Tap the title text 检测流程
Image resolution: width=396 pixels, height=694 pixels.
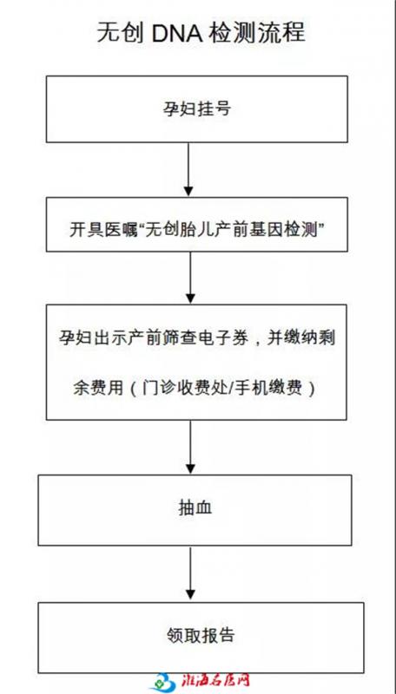(x=258, y=33)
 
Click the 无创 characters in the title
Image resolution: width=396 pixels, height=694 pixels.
(x=121, y=33)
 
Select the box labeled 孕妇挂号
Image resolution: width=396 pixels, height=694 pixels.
(x=196, y=109)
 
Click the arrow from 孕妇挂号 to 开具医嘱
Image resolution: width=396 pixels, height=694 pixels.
(x=188, y=169)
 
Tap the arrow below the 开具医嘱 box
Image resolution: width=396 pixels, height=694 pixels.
(x=190, y=278)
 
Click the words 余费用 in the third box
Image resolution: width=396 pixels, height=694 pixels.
(x=96, y=388)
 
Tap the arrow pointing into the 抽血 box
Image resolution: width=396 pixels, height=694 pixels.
(x=190, y=447)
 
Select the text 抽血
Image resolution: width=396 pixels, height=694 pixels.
(x=195, y=508)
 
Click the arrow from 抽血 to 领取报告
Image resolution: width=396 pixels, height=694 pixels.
(x=190, y=573)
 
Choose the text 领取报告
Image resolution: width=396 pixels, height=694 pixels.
(x=201, y=636)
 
